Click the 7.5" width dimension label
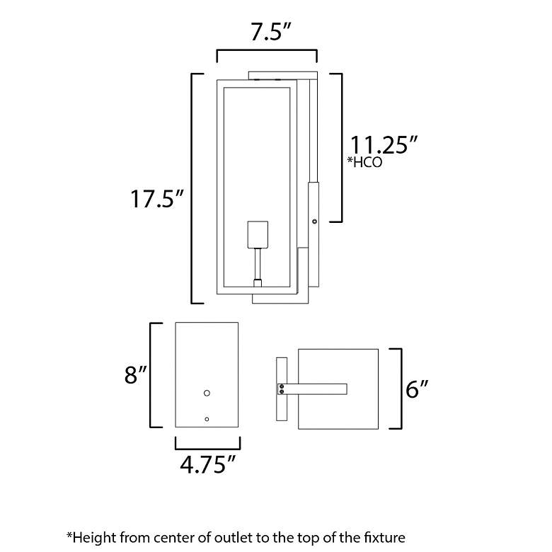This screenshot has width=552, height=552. click(266, 33)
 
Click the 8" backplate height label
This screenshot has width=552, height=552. click(134, 375)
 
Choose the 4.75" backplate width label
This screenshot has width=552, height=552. click(207, 464)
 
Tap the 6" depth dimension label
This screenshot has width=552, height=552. click(418, 389)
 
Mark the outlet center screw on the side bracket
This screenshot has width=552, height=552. click(314, 222)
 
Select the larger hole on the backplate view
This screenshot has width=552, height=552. click(207, 392)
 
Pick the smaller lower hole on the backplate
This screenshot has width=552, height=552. click(207, 419)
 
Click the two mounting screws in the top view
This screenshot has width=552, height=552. click(282, 389)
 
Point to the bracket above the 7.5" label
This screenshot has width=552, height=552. click(266, 54)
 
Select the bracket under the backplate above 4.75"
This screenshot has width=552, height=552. click(207, 443)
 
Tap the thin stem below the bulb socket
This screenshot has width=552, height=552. click(258, 265)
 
